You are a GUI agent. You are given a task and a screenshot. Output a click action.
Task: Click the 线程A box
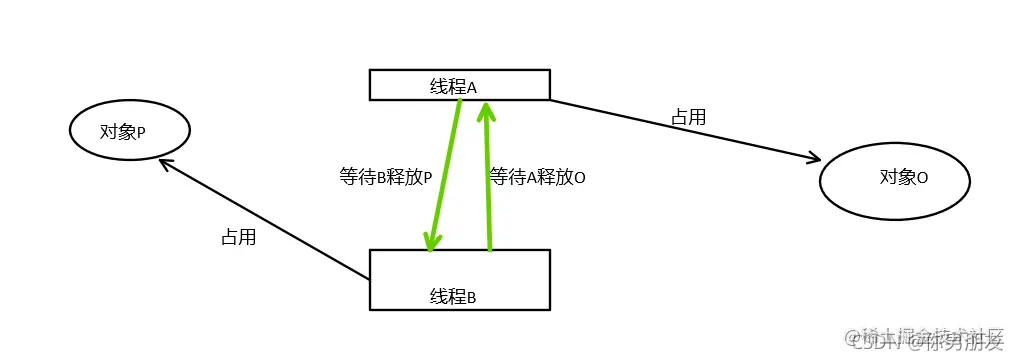(x=520, y=84)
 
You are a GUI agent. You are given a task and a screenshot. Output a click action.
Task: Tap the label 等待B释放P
(x=386, y=177)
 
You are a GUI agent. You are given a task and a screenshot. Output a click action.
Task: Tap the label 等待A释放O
(x=537, y=177)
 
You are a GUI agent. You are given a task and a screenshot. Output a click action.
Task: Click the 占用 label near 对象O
(x=688, y=117)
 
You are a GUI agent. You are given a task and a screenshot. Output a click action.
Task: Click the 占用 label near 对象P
(x=238, y=238)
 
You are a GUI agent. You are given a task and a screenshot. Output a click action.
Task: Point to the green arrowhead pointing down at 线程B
(x=432, y=241)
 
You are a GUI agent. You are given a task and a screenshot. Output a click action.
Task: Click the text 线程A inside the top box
(x=453, y=87)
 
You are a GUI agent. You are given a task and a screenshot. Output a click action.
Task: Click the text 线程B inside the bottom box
(x=453, y=296)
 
